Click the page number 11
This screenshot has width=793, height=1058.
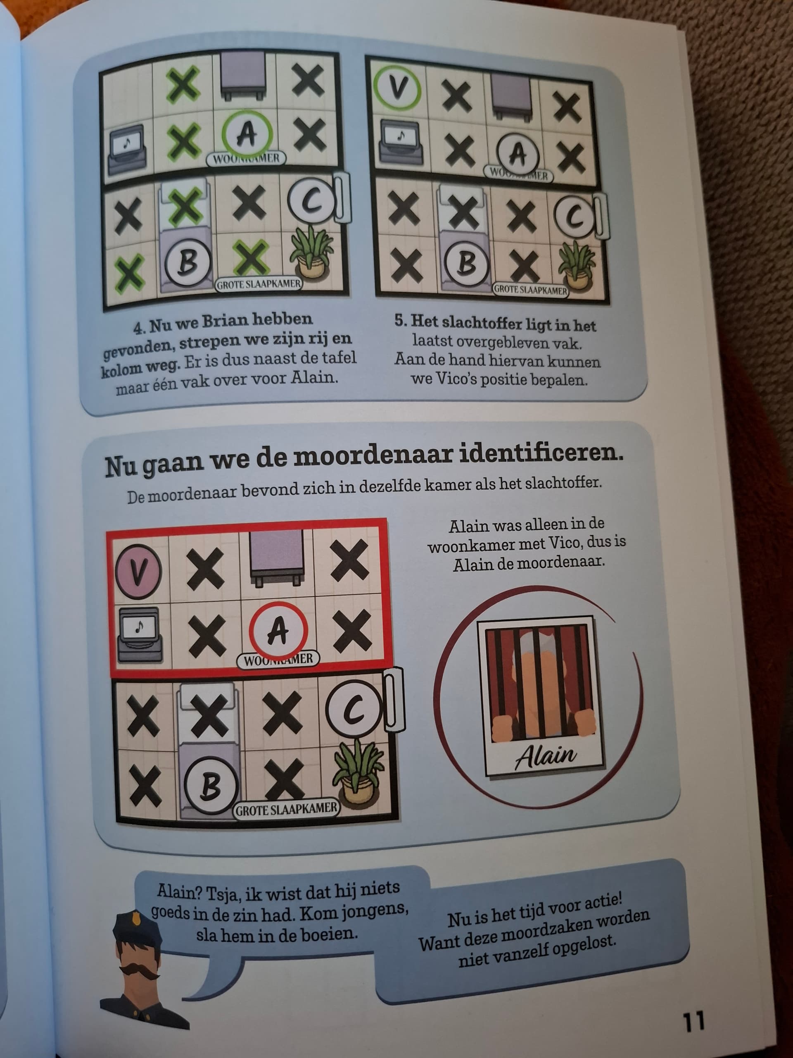[x=694, y=1021]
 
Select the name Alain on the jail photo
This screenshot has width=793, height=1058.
[x=546, y=755]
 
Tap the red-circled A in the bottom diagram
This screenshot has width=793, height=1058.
[x=278, y=631]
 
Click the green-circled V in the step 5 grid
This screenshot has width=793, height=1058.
[x=397, y=89]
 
